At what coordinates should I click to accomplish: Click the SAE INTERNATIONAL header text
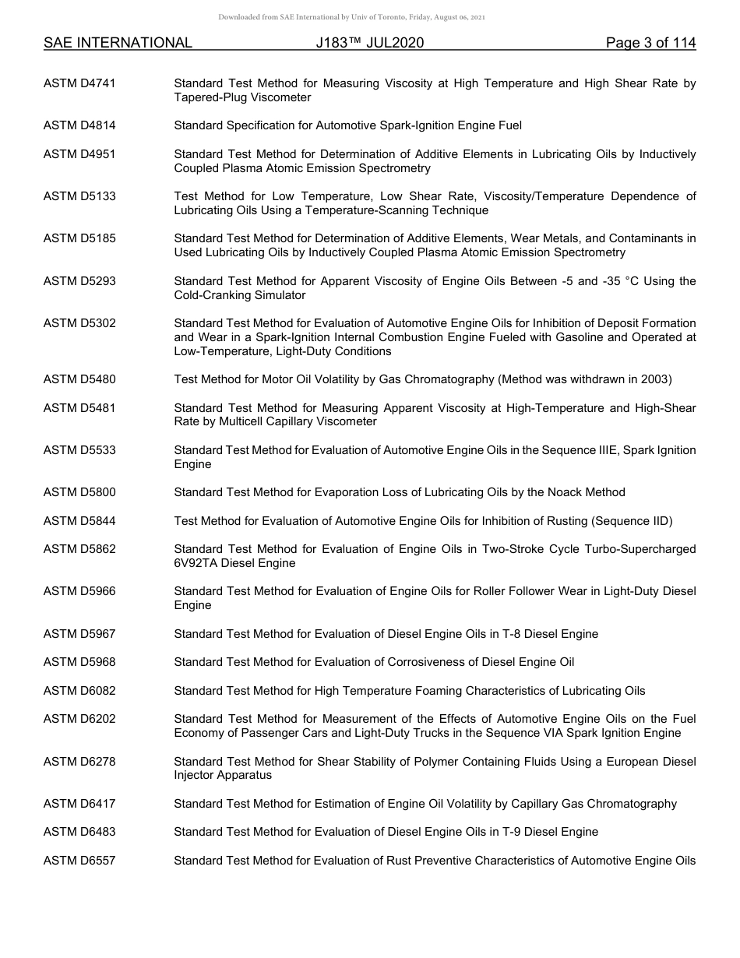point(118,43)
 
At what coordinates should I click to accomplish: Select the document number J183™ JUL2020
point(370,43)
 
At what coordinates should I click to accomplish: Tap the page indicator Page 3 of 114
point(650,43)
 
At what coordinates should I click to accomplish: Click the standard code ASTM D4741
point(79,83)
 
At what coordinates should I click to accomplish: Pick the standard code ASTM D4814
point(79,125)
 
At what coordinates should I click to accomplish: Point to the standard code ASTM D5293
point(79,281)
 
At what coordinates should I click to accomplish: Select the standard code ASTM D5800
point(79,492)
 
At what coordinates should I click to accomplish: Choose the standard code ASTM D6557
point(79,861)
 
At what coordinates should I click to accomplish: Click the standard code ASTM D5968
point(79,662)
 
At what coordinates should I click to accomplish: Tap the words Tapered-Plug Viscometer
point(242,97)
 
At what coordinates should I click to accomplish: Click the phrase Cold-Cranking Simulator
point(240,295)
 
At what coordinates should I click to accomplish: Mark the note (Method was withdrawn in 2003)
point(585,380)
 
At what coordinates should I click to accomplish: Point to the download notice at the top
point(351,17)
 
